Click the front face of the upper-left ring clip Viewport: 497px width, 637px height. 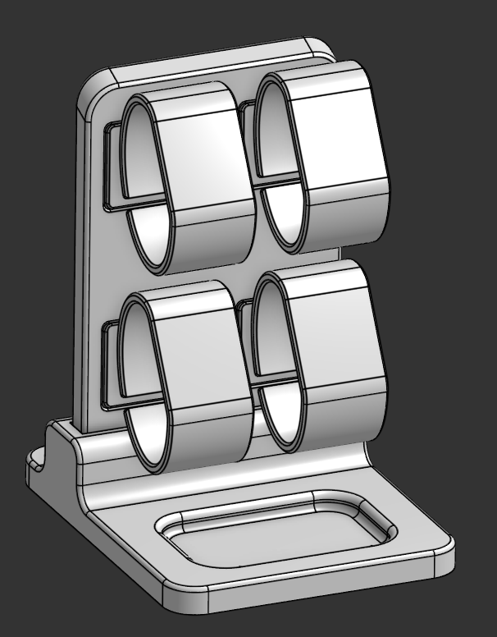click(x=203, y=156)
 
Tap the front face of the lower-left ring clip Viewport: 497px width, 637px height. click(x=201, y=361)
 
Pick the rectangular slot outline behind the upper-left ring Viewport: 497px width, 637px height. click(x=112, y=164)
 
